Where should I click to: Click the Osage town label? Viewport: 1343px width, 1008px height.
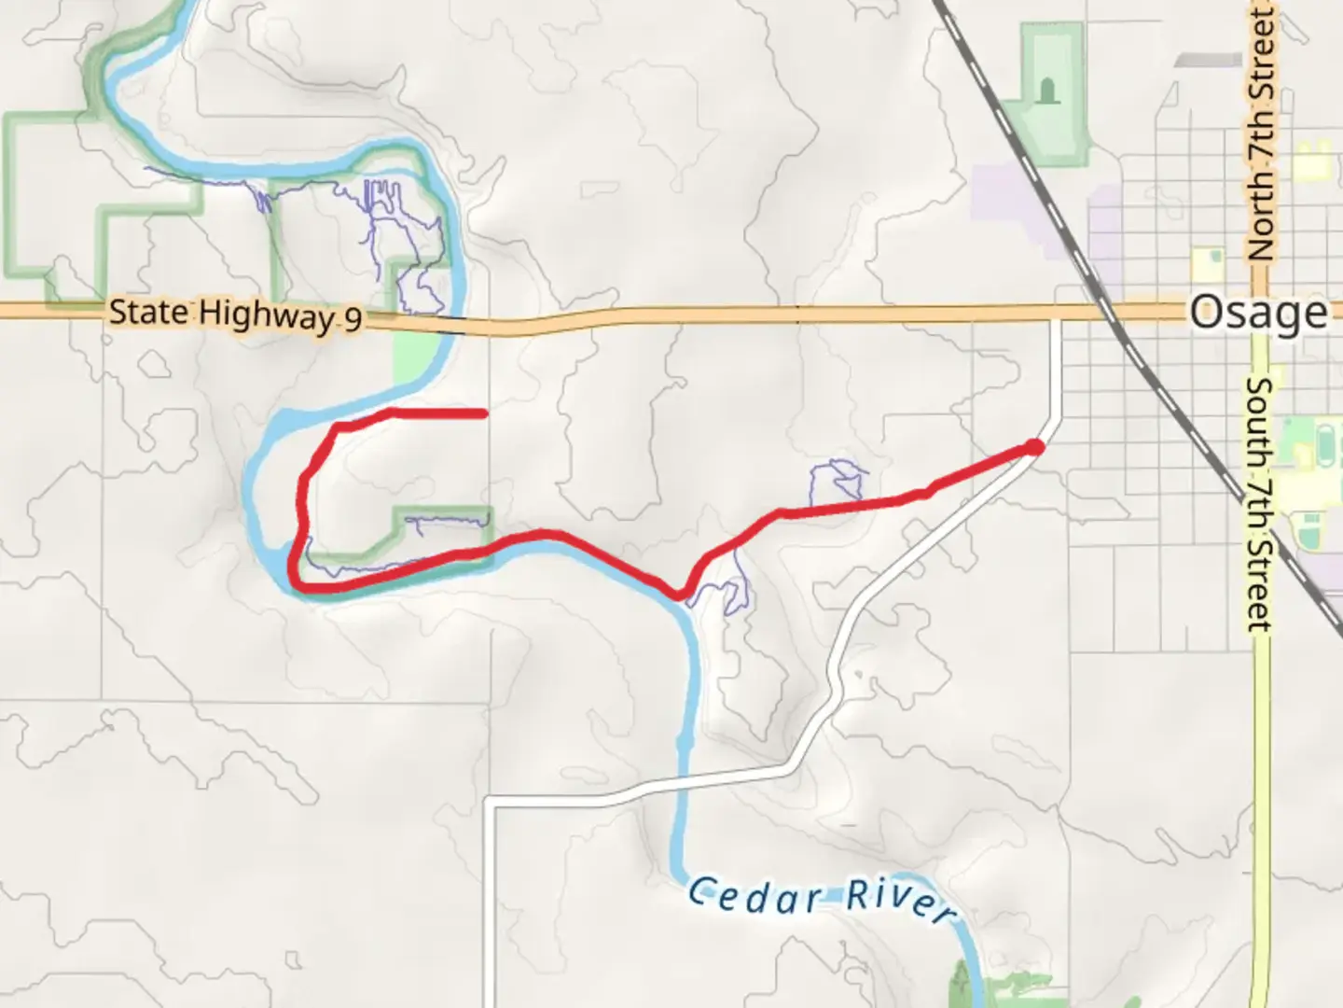[1258, 312]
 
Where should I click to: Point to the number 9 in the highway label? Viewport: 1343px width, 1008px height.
[353, 320]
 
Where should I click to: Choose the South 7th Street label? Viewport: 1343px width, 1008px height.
[1259, 504]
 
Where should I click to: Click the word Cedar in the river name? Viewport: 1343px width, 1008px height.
[755, 896]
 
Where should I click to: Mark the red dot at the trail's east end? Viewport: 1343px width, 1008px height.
[1034, 448]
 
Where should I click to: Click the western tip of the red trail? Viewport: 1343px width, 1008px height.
[484, 413]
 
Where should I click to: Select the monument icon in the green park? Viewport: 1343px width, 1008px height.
[1048, 91]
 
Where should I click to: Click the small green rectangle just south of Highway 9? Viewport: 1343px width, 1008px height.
[414, 358]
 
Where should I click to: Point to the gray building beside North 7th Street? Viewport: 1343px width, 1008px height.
[1208, 60]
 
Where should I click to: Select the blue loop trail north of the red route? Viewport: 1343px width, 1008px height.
[836, 478]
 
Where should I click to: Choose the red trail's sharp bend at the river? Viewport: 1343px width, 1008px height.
[679, 594]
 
